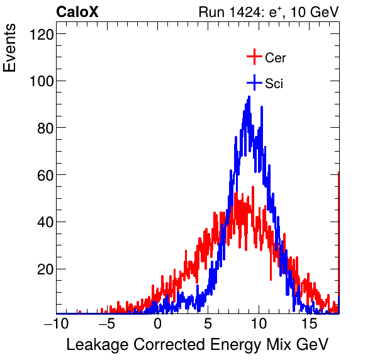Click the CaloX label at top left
click(77, 12)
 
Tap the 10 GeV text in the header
click(316, 13)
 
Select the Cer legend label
click(276, 58)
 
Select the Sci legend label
click(274, 83)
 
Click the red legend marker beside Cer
click(254, 57)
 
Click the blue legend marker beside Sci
click(254, 82)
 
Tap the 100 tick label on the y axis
click(39, 81)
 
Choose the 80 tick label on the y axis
click(42, 128)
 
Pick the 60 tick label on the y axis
click(42, 175)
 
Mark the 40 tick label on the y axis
click(42, 222)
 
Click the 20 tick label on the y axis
click(42, 269)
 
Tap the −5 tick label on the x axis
click(107, 323)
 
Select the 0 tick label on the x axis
click(158, 323)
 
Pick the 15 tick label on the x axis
click(308, 323)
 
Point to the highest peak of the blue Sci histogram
click(249, 97)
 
